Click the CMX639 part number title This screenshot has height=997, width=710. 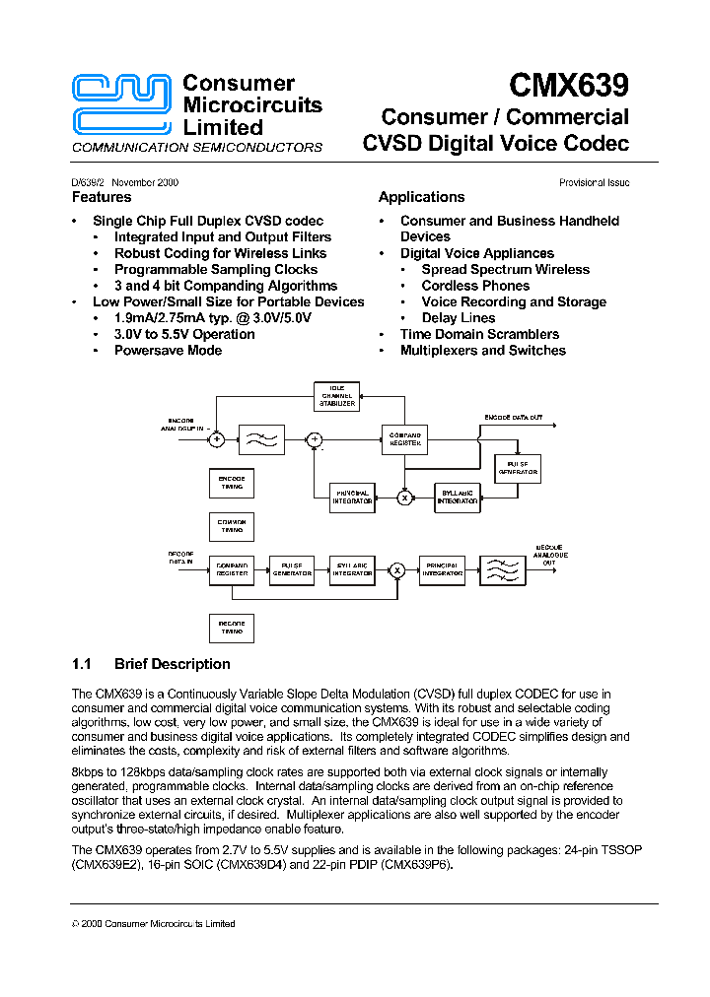[569, 86]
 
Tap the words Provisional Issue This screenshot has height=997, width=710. [594, 182]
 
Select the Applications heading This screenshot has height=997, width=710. [421, 197]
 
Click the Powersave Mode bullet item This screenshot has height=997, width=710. [168, 351]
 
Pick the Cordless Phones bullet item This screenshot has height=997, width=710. [475, 286]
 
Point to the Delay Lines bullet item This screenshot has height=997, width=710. [459, 318]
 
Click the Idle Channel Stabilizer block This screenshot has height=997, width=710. [336, 396]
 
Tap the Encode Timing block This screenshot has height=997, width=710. [232, 482]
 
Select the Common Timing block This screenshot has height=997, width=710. [232, 526]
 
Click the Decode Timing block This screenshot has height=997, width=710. [232, 628]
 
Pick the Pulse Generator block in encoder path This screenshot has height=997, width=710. [518, 468]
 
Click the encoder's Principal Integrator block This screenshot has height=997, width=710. [352, 498]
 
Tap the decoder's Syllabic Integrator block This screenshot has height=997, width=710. [352, 569]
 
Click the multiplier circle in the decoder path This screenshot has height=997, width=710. [397, 569]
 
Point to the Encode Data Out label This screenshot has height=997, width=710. [513, 418]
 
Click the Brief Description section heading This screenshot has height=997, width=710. [172, 664]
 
